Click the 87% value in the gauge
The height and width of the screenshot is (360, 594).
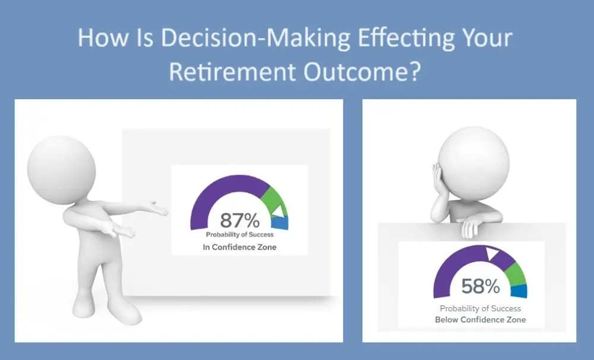point(240,220)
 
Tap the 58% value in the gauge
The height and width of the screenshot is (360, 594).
point(481,286)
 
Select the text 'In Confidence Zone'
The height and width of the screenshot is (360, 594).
point(239,247)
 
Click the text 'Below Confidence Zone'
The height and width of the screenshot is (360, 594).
point(481,320)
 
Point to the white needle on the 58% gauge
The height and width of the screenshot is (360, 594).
point(492,253)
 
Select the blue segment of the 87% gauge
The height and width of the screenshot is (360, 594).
point(280,223)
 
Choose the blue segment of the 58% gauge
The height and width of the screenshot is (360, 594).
point(519,291)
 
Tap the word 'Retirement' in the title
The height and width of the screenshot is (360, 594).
point(232,71)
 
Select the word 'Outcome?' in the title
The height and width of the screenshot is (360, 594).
point(362,71)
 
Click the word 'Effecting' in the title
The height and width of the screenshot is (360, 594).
point(406,39)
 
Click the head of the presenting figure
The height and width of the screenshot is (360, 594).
point(61,170)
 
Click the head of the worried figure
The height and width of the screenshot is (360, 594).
point(473,163)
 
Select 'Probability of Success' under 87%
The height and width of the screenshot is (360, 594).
point(240,235)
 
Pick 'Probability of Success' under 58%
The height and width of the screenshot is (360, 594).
point(481,308)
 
